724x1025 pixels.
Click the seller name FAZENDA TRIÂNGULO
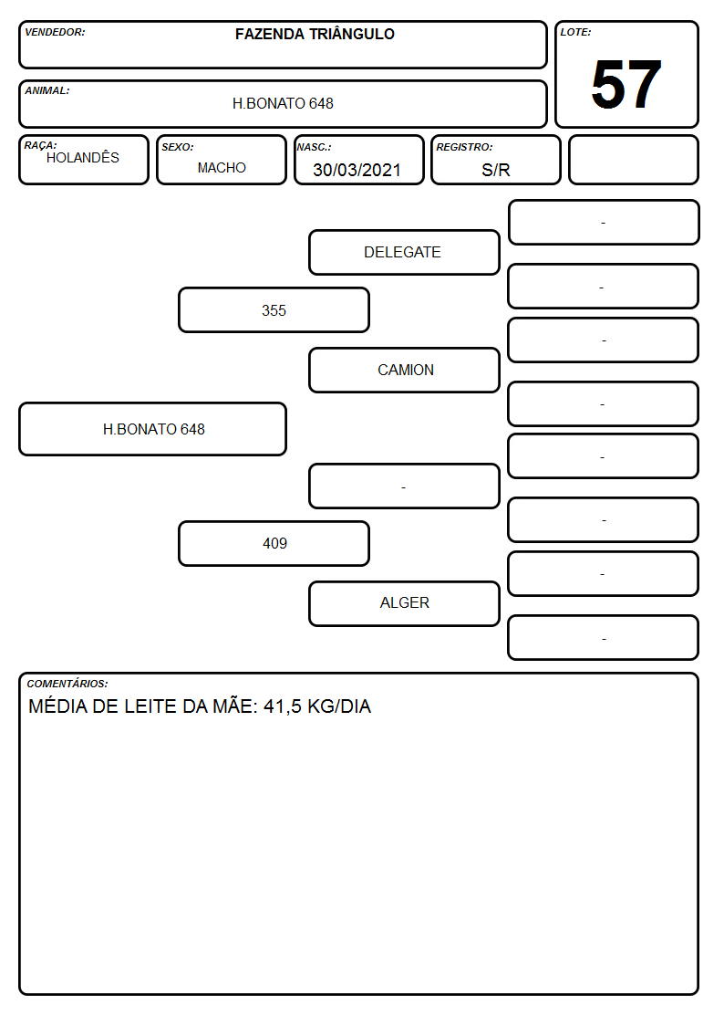tap(315, 34)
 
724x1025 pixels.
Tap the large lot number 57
tap(626, 84)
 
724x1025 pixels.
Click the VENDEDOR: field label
tap(55, 32)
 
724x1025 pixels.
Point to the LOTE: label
tap(575, 32)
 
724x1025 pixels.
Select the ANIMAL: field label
tap(47, 91)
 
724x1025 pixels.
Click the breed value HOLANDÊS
tap(83, 158)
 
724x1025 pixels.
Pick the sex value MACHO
tap(222, 168)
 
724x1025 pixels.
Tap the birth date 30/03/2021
tap(357, 170)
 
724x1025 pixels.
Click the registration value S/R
tap(495, 170)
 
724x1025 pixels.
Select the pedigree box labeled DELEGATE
tap(404, 252)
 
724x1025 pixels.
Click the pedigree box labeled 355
tap(274, 309)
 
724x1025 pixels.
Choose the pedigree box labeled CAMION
tap(404, 370)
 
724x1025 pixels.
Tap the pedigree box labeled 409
tap(274, 543)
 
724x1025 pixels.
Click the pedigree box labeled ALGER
tap(404, 603)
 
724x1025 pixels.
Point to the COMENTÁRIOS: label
tap(67, 684)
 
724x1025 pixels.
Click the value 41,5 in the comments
tap(282, 706)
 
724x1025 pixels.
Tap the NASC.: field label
tap(314, 148)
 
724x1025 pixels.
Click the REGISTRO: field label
tap(464, 148)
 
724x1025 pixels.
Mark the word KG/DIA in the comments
tap(339, 706)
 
